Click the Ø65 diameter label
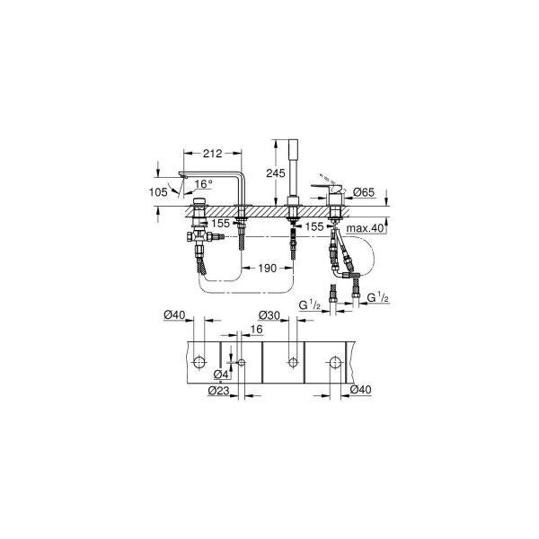click(363, 192)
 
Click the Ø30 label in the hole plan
click(269, 314)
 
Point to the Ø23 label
click(219, 389)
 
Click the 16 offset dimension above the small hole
click(257, 331)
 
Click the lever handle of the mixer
click(325, 184)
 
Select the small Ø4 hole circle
click(240, 362)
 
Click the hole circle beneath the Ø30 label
click(292, 362)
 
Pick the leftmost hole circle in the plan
click(199, 362)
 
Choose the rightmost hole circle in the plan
click(335, 362)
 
